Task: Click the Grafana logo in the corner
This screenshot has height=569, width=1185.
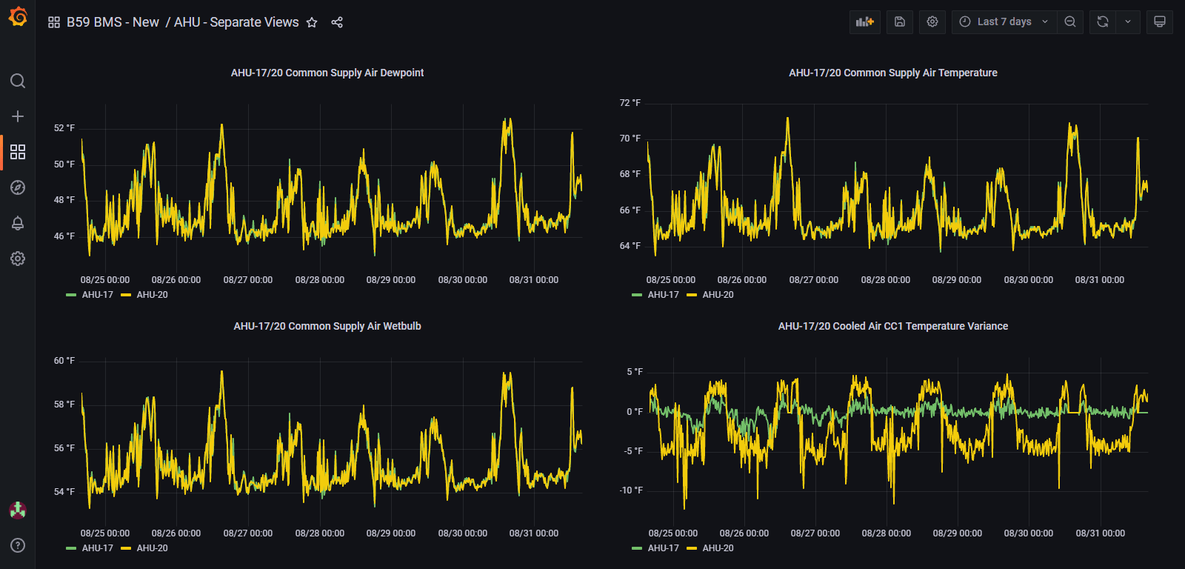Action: [x=18, y=16]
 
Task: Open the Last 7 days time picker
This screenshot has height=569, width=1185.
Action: [x=1004, y=22]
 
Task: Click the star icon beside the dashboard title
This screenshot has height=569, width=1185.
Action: [x=312, y=22]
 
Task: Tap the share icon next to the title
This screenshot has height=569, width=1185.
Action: [x=337, y=22]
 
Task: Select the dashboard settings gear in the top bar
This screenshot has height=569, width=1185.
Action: [x=932, y=22]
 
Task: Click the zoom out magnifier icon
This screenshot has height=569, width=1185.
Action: [x=1070, y=22]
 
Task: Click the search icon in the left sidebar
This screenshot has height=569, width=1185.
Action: [x=18, y=81]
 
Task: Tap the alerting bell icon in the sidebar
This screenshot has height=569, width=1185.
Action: [x=18, y=223]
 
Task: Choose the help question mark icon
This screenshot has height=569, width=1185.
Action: [x=18, y=545]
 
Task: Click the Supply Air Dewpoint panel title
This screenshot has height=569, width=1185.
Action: [x=327, y=73]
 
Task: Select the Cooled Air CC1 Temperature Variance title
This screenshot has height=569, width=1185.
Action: [x=892, y=326]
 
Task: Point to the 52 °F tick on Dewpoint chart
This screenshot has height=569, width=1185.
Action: [x=64, y=128]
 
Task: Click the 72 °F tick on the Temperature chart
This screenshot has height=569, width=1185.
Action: [x=630, y=103]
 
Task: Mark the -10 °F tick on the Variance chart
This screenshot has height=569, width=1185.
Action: [x=631, y=490]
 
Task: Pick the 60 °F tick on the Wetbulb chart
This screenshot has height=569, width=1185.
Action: [x=64, y=361]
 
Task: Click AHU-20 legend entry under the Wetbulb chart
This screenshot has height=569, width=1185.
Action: [x=152, y=548]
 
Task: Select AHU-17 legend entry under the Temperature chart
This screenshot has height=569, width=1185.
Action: [x=663, y=295]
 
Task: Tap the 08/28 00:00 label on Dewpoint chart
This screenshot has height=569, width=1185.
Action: [x=319, y=280]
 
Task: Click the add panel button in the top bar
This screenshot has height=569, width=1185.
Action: [x=864, y=22]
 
